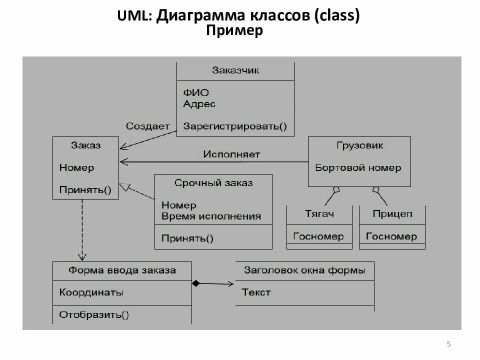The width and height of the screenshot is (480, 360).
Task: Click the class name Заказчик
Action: point(235,70)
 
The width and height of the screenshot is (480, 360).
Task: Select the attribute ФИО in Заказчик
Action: point(195,92)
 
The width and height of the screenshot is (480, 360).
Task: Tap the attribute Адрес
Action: point(199,104)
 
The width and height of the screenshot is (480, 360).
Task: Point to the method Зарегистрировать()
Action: point(235,126)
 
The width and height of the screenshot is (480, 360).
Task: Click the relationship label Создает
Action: point(147,126)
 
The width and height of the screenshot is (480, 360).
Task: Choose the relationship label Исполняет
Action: point(231,154)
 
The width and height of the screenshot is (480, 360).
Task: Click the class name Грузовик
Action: point(359,145)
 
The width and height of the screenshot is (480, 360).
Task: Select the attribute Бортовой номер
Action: point(358,168)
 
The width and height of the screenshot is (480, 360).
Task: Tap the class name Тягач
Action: point(319,214)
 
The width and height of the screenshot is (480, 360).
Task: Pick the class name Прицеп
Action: point(392,214)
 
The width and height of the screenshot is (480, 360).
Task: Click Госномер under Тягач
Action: point(318,236)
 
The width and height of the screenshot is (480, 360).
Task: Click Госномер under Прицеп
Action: point(391,236)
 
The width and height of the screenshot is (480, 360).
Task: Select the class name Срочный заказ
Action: point(213,183)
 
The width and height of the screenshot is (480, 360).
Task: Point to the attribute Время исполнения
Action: point(211,216)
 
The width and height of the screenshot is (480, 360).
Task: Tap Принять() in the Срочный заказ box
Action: point(187,238)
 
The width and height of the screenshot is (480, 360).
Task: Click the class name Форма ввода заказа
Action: point(122,270)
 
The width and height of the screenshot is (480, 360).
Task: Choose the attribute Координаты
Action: point(91,292)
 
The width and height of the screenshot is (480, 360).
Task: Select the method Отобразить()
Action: point(94,315)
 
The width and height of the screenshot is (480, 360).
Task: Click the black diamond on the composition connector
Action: point(196,283)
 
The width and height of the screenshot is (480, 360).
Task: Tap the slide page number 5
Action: point(448,344)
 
